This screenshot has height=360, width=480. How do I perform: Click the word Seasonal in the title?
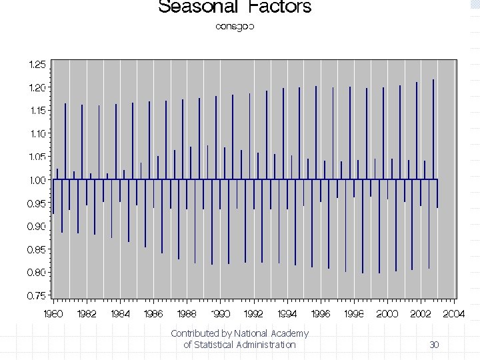(199, 7)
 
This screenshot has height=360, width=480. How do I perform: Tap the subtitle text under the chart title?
(235, 27)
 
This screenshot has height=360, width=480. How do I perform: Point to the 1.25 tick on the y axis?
(37, 65)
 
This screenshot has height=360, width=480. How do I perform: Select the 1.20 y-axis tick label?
(37, 88)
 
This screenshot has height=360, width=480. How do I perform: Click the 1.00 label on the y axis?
(37, 180)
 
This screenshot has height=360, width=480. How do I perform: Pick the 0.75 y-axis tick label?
(37, 295)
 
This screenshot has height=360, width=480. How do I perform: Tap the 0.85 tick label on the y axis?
(37, 249)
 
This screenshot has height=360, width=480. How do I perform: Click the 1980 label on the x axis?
(53, 313)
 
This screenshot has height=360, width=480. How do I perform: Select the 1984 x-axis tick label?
(120, 313)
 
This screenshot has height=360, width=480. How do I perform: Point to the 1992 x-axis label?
(254, 313)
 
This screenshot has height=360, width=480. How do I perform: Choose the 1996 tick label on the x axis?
(321, 313)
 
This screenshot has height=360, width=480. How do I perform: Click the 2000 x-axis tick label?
(387, 313)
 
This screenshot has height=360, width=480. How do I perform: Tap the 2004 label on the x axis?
(454, 313)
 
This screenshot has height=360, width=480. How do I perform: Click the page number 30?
(434, 345)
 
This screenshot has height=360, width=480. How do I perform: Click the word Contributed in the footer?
(195, 333)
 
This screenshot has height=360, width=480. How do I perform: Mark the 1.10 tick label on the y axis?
(37, 134)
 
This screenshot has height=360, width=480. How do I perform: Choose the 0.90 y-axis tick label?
(37, 227)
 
